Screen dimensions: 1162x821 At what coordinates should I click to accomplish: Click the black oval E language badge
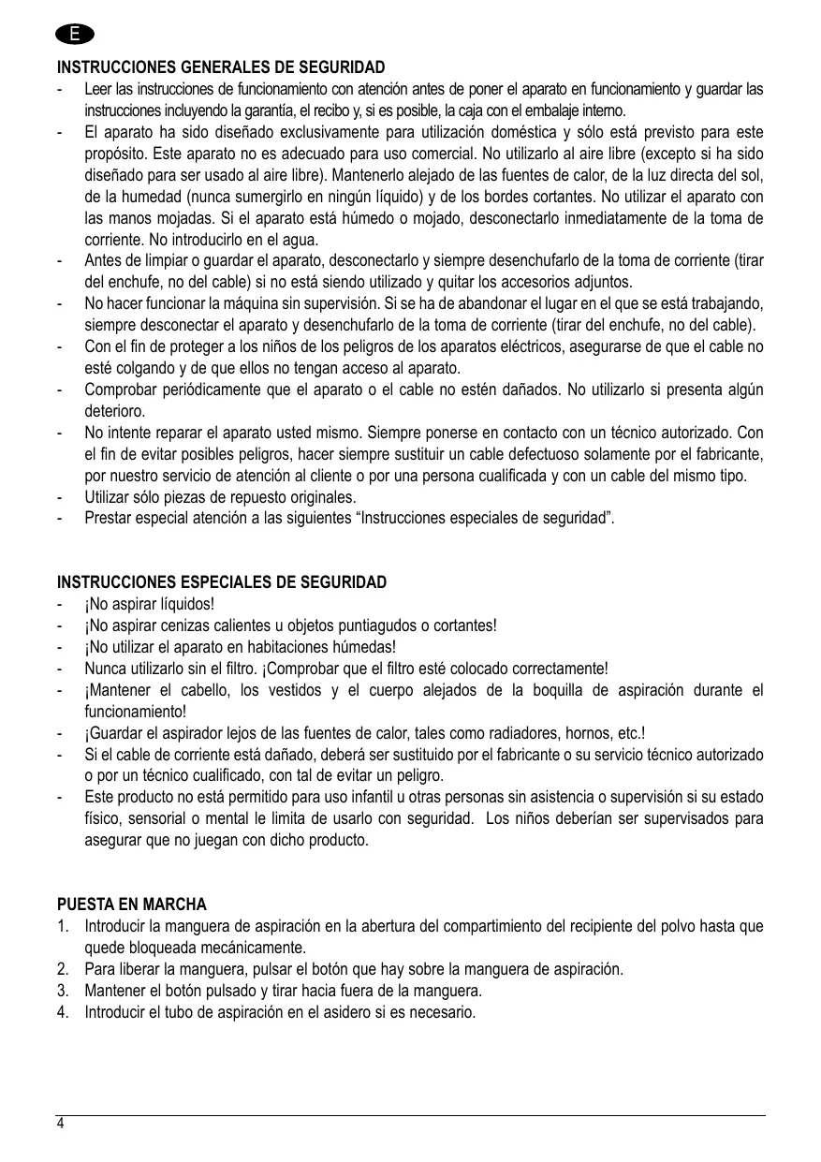coord(74,35)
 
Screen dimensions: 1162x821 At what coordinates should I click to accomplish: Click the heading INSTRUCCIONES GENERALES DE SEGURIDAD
coord(221,69)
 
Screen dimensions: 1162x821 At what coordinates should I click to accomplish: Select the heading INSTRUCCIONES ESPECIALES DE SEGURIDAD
coord(222,582)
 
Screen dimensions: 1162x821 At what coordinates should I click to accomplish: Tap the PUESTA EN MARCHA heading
coord(132,905)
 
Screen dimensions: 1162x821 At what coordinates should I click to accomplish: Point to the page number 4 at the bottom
coord(61,1124)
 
